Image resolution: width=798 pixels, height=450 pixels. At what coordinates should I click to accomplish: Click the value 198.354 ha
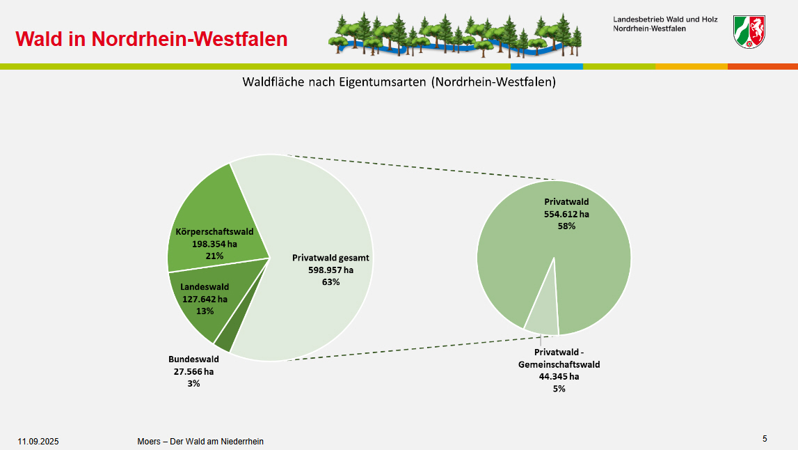[x=214, y=244]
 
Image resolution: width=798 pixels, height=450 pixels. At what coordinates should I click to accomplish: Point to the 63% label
[x=330, y=282]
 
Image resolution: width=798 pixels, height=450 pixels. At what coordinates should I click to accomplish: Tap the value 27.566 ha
[x=193, y=371]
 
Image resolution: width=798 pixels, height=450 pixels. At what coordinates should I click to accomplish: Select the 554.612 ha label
[x=566, y=214]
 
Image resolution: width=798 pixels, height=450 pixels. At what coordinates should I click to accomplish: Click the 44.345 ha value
[x=559, y=377]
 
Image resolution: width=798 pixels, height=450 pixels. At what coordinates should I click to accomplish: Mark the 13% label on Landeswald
[x=205, y=311]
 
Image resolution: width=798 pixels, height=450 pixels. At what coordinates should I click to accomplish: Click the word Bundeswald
[x=193, y=359]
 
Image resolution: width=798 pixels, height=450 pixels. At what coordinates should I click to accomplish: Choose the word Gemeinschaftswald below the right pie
[x=559, y=364]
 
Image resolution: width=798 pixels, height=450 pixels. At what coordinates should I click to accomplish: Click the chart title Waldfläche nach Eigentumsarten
[x=399, y=82]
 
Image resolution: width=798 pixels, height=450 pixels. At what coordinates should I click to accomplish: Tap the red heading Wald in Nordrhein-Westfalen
[x=152, y=39]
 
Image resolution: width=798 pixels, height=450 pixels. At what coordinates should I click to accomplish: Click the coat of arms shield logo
[x=749, y=31]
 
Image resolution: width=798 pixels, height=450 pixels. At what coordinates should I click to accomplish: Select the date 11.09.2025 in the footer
[x=38, y=442]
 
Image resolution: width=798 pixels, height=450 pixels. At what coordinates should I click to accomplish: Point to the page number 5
[x=765, y=439]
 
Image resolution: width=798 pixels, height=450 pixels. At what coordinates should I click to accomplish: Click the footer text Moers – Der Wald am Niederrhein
[x=200, y=442]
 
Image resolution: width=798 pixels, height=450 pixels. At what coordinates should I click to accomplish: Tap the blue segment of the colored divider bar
[x=547, y=67]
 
